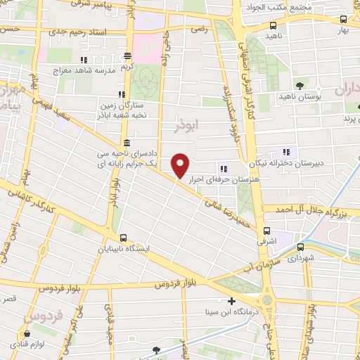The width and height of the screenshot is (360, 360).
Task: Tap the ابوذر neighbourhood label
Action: tap(185, 127)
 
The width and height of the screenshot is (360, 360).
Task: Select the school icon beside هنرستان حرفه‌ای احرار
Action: tap(224, 168)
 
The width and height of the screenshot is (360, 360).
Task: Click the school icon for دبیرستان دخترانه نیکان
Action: tap(285, 151)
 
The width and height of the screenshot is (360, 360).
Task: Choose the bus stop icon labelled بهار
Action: tap(343, 20)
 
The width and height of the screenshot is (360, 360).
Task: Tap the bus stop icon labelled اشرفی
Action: tap(266, 231)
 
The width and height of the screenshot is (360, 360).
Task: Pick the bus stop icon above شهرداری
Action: tap(301, 247)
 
